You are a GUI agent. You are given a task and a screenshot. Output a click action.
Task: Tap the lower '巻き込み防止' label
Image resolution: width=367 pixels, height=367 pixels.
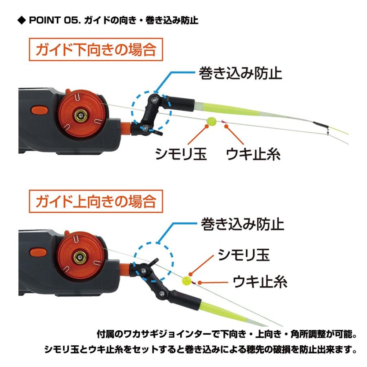(242, 224)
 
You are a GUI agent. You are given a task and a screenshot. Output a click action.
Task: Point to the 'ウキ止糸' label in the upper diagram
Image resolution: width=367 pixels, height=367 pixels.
(253, 154)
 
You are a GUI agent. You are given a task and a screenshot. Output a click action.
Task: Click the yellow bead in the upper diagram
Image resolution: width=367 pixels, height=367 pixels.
(211, 121)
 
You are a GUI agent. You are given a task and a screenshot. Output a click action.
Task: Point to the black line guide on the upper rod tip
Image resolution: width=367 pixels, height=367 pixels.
(320, 124)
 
